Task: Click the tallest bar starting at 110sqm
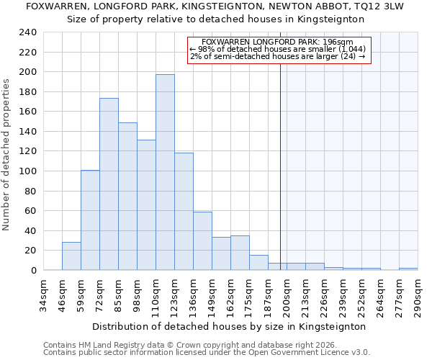(165, 172)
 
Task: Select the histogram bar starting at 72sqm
(109, 184)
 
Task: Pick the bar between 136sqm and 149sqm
(202, 241)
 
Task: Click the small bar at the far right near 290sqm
(408, 269)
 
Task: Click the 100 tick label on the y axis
(27, 171)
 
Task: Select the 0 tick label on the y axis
(33, 271)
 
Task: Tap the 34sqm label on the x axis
(43, 296)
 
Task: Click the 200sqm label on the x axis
(287, 296)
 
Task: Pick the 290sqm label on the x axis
(418, 296)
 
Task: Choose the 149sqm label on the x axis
(212, 296)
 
